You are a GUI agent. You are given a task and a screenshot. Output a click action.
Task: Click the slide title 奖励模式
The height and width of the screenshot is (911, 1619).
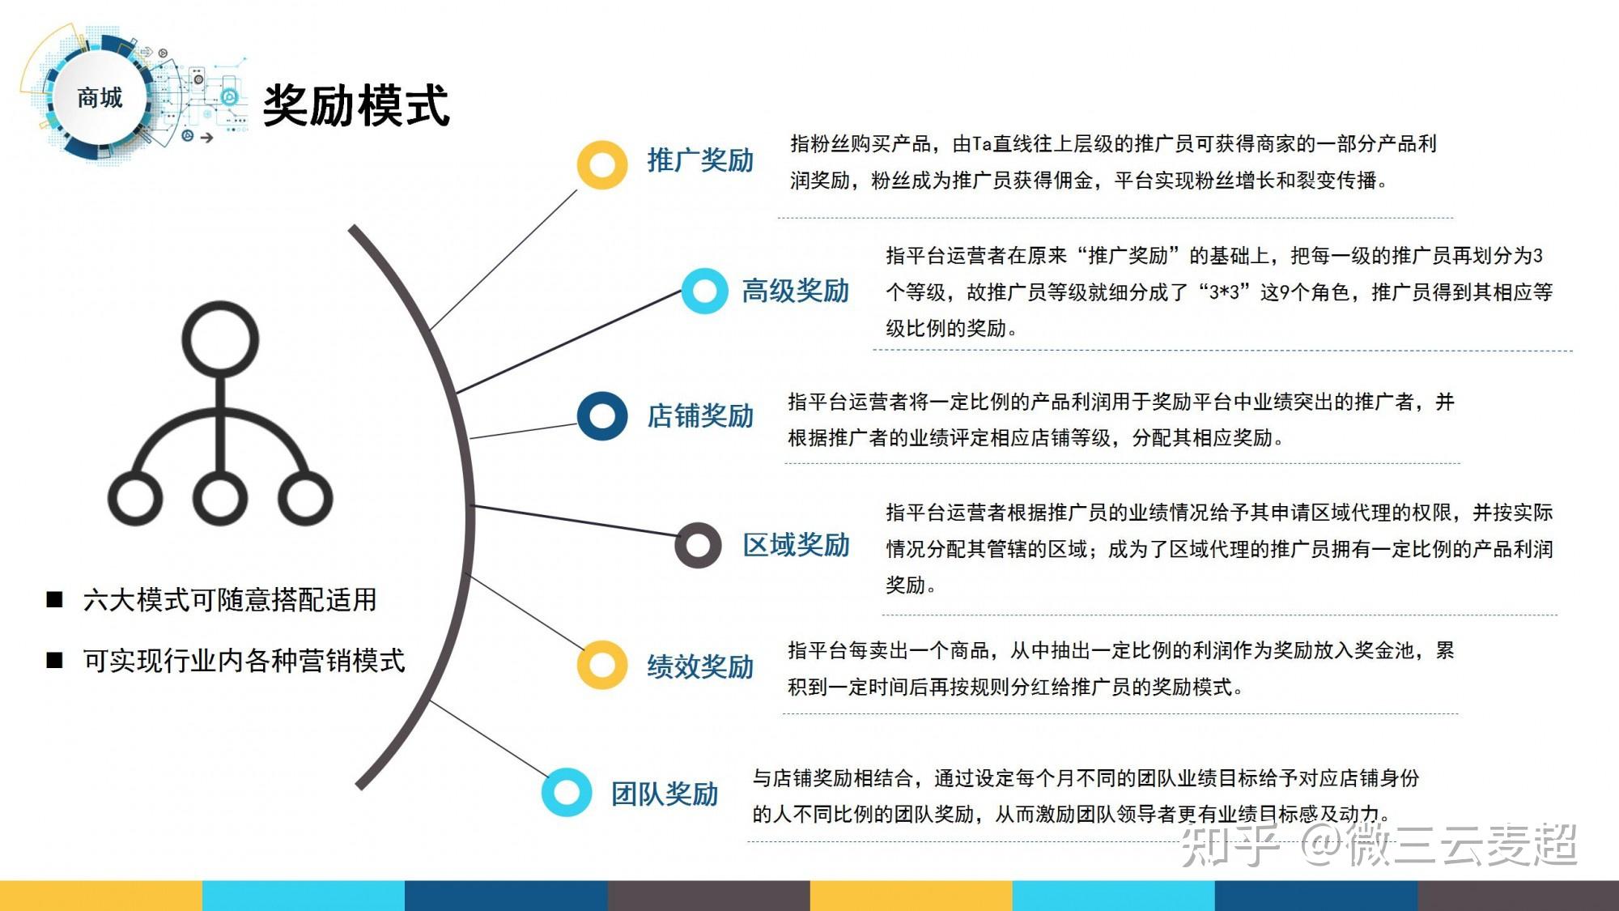356,106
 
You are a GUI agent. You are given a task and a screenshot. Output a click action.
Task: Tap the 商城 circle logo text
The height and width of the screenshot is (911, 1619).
100,98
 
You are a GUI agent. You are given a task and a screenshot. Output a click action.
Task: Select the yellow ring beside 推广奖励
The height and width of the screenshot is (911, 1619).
601,165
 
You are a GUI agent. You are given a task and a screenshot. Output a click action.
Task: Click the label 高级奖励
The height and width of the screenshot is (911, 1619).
795,291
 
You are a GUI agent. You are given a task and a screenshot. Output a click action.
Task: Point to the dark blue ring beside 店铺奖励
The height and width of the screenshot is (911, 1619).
601,416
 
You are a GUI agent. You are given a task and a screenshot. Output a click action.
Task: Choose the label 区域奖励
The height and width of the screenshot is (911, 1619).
796,545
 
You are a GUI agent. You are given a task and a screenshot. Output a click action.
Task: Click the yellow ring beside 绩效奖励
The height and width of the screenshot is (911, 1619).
601,665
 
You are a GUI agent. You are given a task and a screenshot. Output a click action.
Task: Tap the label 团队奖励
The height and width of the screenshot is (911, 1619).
665,794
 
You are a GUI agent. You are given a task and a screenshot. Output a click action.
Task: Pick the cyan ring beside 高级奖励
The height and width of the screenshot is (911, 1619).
704,291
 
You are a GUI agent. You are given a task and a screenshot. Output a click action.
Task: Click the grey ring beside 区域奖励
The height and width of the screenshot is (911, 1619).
697,545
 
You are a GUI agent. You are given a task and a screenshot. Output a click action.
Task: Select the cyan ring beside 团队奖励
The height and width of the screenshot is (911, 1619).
567,792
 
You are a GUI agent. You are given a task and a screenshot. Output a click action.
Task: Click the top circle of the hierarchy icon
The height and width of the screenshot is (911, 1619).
220,339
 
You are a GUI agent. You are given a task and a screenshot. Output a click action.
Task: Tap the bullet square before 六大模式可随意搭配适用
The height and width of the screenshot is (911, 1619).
55,599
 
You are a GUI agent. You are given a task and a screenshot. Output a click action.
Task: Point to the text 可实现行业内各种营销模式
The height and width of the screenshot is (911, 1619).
244,661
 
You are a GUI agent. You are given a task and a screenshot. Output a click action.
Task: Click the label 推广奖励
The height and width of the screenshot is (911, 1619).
700,160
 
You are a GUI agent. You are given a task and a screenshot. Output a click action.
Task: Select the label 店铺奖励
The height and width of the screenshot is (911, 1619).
700,416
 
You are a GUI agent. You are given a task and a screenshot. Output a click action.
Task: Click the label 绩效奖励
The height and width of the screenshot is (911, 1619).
700,666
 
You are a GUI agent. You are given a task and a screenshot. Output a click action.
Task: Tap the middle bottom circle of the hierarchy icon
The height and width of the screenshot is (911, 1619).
220,498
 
